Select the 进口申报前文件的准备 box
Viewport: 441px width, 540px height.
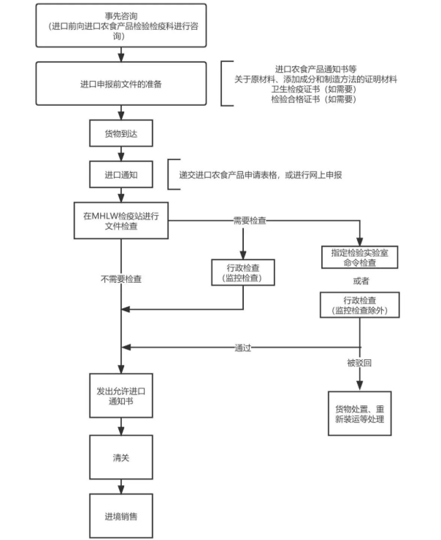pos(120,84)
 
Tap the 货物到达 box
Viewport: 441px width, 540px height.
pos(120,133)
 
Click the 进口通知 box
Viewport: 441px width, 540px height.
pos(120,175)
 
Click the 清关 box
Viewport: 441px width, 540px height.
pos(120,458)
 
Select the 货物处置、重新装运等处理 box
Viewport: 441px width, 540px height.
pos(359,413)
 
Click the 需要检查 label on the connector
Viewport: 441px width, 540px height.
pos(249,219)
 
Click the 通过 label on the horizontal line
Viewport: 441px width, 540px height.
pos(243,348)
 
